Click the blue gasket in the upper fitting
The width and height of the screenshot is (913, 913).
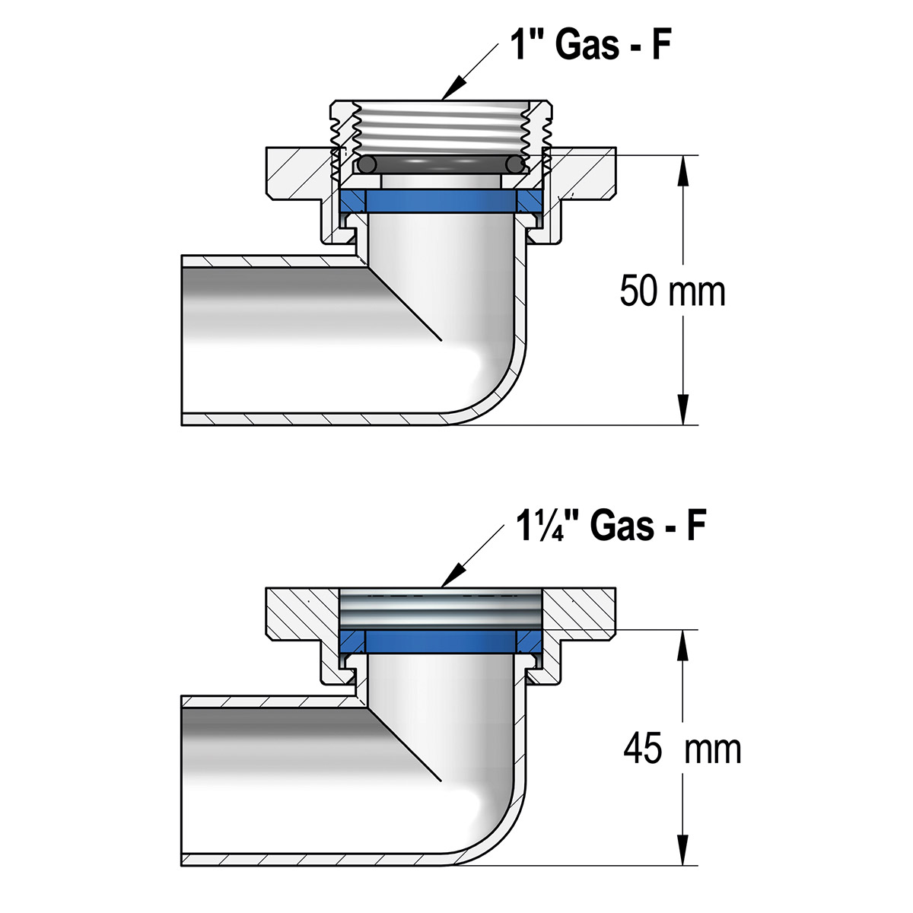[441, 201]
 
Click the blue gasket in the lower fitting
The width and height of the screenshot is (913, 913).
[441, 640]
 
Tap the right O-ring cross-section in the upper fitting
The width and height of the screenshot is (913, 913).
[516, 164]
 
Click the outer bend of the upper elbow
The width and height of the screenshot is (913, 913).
[502, 396]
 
